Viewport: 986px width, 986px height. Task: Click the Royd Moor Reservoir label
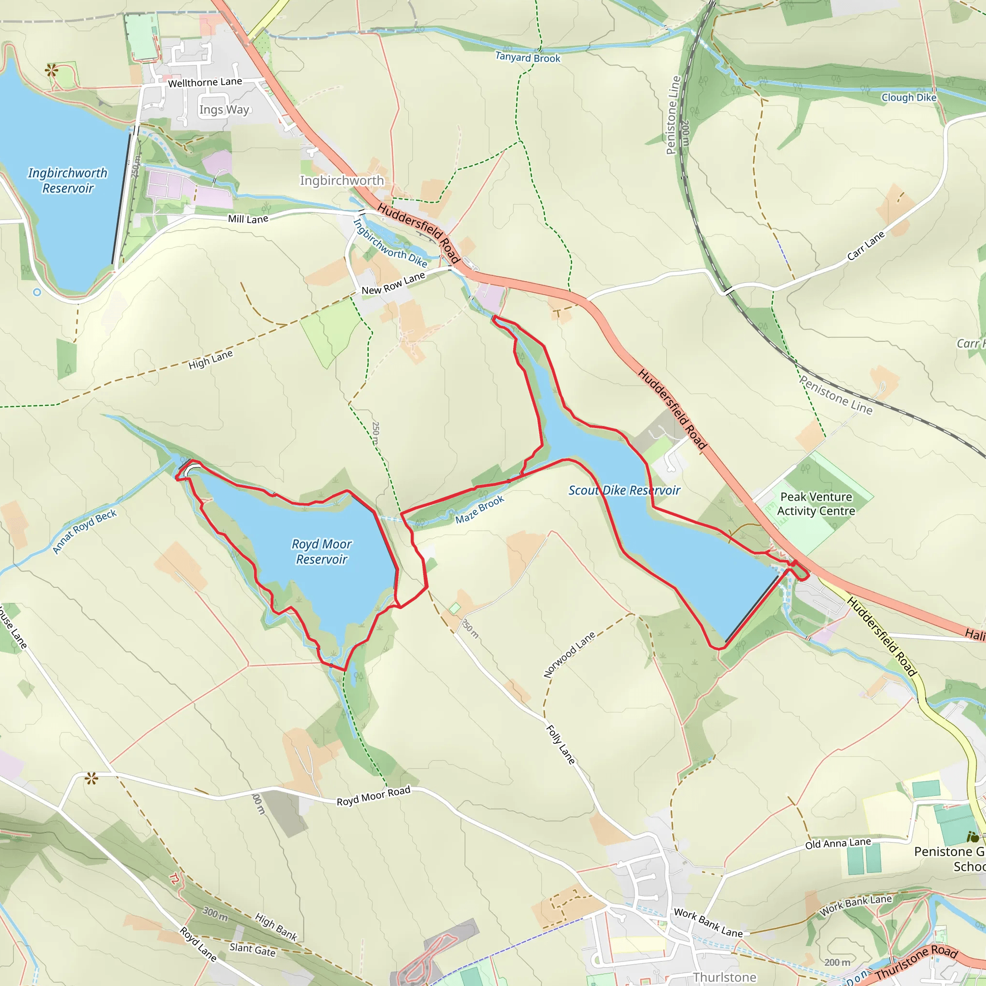(x=322, y=552)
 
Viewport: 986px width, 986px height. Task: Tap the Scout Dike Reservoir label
(x=624, y=491)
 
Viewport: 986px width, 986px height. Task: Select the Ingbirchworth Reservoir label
(x=68, y=181)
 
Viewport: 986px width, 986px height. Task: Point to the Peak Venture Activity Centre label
(x=816, y=504)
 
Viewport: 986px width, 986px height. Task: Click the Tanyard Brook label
(x=528, y=58)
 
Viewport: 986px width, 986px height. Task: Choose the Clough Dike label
(x=909, y=97)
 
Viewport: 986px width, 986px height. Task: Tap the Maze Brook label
(x=480, y=509)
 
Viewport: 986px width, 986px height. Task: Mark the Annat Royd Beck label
(x=85, y=532)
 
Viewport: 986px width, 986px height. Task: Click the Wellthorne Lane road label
(x=205, y=82)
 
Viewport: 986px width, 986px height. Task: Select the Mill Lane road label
(x=248, y=219)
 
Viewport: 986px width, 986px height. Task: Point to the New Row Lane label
(x=393, y=283)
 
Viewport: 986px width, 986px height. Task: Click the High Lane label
(x=210, y=360)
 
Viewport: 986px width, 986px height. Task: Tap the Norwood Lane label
(x=569, y=655)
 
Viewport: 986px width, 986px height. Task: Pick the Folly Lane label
(x=560, y=744)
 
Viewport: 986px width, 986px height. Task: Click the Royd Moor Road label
(x=374, y=796)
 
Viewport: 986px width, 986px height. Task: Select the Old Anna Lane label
(x=838, y=843)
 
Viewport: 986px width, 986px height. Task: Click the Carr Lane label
(x=866, y=246)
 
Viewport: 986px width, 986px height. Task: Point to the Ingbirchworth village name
(x=341, y=181)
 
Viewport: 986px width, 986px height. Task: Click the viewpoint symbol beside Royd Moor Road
(x=91, y=778)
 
